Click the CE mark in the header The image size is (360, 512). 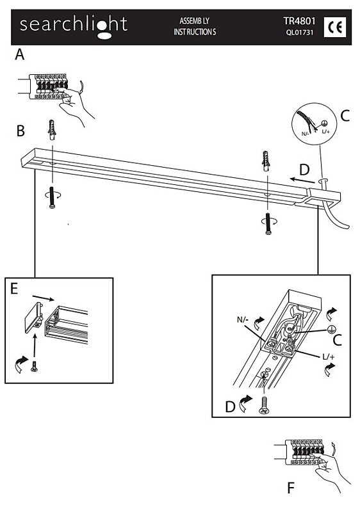point(335,27)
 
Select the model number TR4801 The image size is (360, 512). point(299,21)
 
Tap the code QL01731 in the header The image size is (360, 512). point(299,33)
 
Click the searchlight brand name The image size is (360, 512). point(74,26)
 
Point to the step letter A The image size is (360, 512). point(20,54)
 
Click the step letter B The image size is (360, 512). point(20,131)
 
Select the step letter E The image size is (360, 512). point(14,289)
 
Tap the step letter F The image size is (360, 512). point(291,489)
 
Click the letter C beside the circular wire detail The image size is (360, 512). point(345,116)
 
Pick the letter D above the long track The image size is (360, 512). point(304,170)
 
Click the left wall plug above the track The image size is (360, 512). point(52,129)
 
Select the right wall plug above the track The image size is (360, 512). point(266,161)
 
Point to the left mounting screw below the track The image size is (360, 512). point(52,197)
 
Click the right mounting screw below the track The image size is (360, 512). point(268,223)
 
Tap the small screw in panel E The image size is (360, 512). point(34,366)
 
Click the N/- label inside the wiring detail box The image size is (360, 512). point(243,319)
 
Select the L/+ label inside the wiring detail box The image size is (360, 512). point(329,356)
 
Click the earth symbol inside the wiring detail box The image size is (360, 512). point(331,330)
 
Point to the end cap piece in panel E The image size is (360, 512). point(34,317)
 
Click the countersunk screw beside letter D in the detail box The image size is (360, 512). point(264,406)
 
